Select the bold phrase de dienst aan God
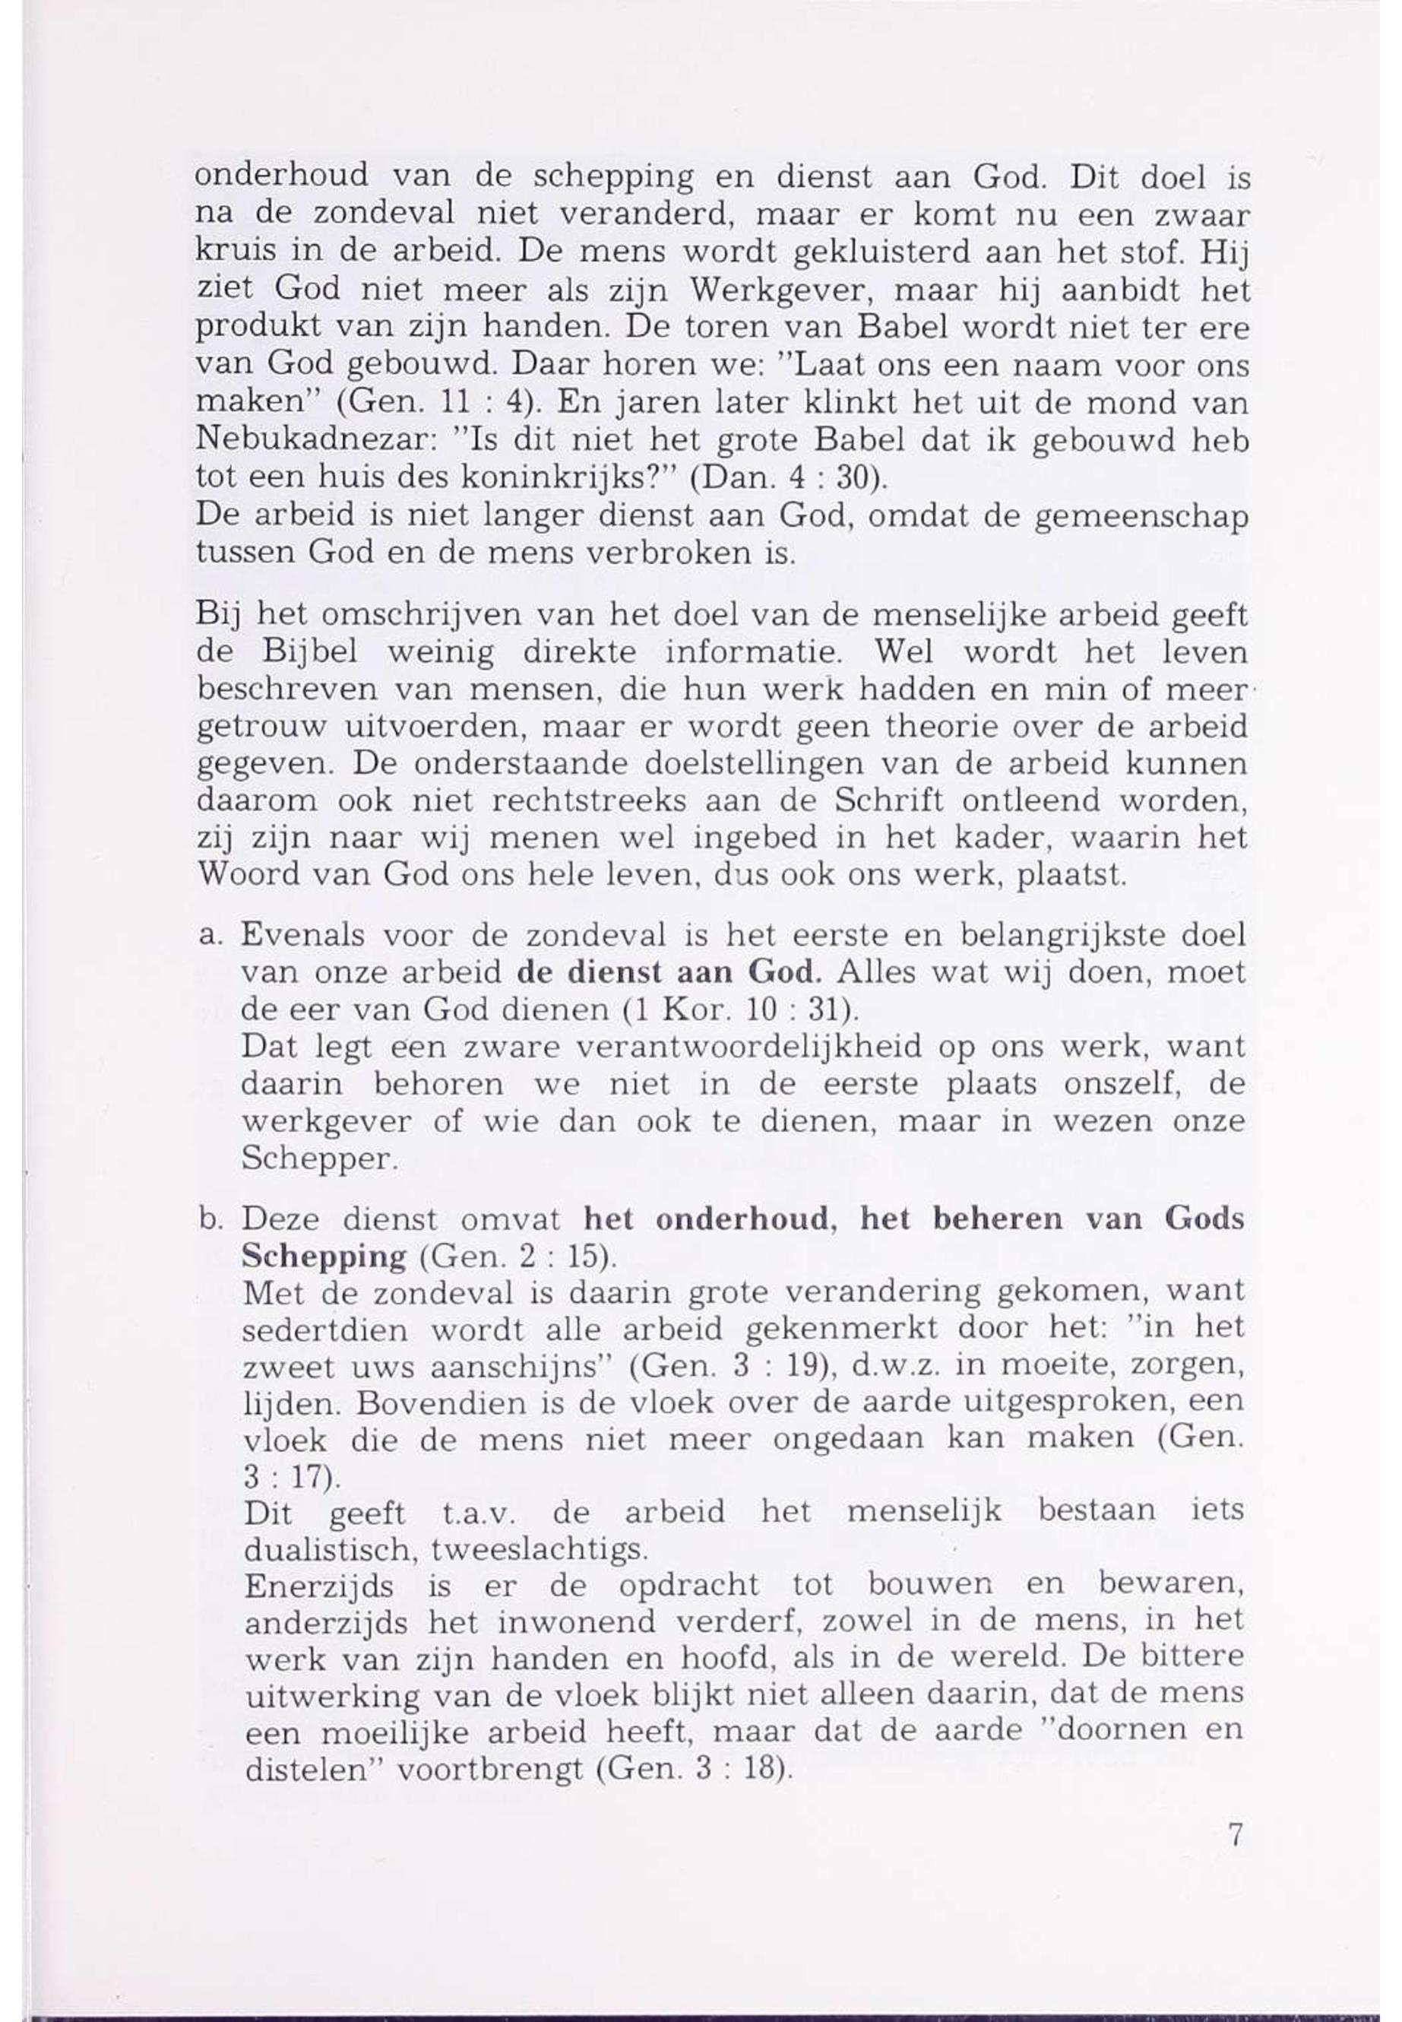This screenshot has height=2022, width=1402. (x=670, y=973)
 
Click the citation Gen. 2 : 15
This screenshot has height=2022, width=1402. (x=517, y=1257)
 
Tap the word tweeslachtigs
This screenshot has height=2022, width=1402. (x=540, y=1549)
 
